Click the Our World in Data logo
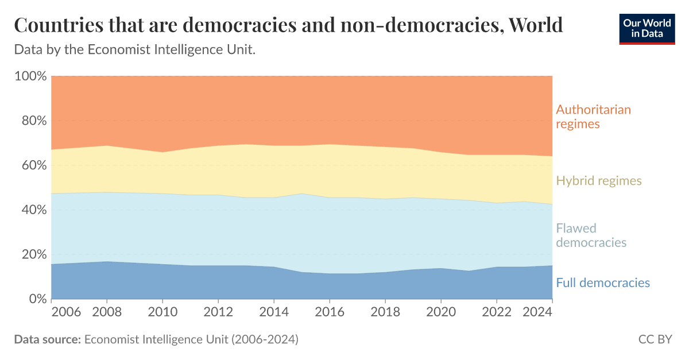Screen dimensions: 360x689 647,28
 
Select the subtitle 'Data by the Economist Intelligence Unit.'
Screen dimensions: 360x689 134,50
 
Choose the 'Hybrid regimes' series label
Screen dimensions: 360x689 599,181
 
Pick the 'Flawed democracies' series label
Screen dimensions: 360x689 591,235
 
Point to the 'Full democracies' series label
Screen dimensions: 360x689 603,282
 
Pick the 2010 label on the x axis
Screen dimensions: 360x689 162,313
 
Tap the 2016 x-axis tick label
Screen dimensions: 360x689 330,313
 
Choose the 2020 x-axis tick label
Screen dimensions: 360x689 441,313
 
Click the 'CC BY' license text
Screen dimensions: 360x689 655,339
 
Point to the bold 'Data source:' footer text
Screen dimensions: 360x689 47,339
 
